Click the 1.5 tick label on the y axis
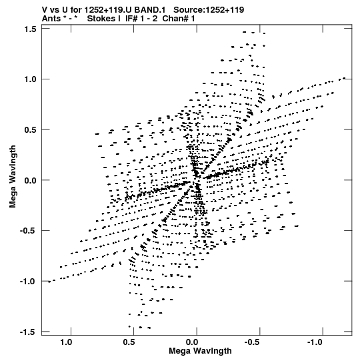30,29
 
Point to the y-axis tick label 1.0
30,79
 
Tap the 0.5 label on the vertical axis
30,130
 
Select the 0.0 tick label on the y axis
30,180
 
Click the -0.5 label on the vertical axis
29,231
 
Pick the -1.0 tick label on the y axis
29,282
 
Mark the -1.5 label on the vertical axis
29,332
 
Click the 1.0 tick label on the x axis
66,342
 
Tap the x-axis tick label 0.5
129,342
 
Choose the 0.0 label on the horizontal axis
192,342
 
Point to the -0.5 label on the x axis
253,342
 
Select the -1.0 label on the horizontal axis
316,342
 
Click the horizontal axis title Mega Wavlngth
200,351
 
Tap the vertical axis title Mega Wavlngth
13,177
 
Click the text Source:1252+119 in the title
209,10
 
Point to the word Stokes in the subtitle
104,19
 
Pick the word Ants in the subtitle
52,19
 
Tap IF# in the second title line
131,19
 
